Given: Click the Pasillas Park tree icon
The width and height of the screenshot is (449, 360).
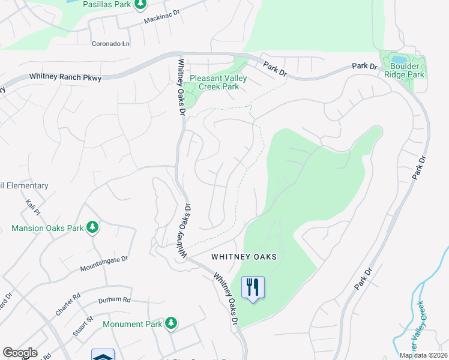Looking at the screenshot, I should pyautogui.click(x=140, y=5).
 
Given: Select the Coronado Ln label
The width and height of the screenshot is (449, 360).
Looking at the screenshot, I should pyautogui.click(x=110, y=44).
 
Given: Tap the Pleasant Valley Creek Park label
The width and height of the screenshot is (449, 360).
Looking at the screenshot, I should pyautogui.click(x=214, y=83).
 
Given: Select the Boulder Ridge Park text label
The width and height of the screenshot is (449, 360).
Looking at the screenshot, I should pyautogui.click(x=407, y=70).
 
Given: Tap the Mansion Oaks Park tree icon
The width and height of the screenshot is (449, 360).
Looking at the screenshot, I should pyautogui.click(x=92, y=227).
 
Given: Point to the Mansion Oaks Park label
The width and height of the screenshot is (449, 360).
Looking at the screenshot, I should pyautogui.click(x=47, y=228).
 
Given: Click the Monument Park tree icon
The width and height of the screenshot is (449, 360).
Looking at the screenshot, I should pyautogui.click(x=171, y=323).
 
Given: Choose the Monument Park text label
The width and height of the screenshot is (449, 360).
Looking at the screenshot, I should pyautogui.click(x=133, y=324).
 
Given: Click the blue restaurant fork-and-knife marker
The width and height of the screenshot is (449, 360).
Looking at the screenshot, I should pyautogui.click(x=253, y=287).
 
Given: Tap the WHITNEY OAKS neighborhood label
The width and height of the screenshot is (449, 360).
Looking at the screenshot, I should pyautogui.click(x=244, y=257).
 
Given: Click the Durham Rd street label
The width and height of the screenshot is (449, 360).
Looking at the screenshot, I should pyautogui.click(x=114, y=299).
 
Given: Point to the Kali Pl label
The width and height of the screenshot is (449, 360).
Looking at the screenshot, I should pyautogui.click(x=32, y=209).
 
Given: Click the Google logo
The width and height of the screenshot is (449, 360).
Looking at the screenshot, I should pyautogui.click(x=20, y=353).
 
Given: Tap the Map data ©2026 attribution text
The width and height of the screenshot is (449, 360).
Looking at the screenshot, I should pyautogui.click(x=423, y=355).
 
